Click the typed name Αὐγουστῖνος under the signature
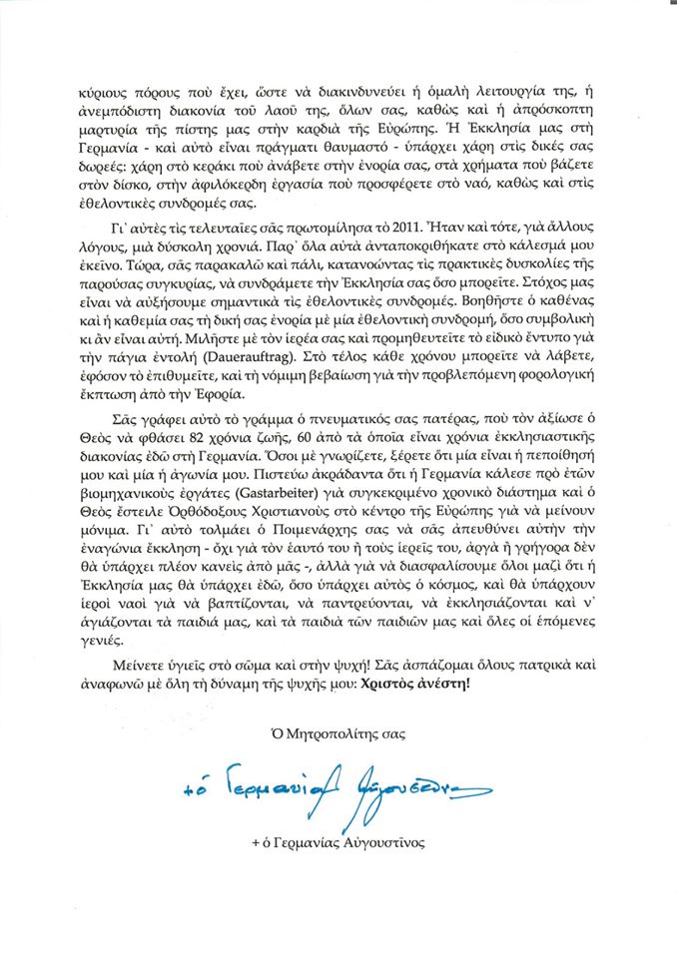[x=383, y=842]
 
